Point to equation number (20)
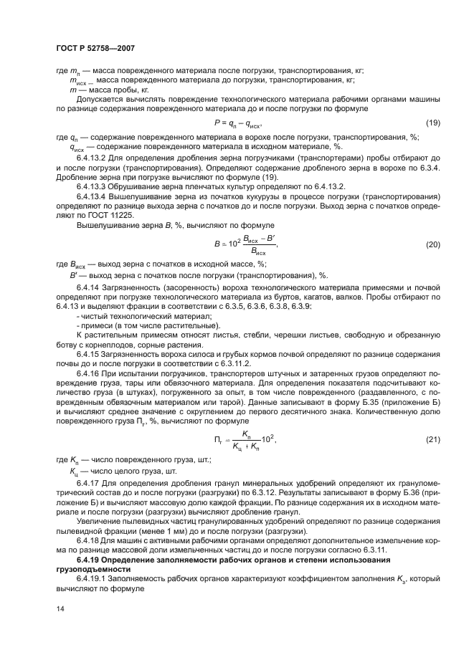pyautogui.click(x=432, y=245)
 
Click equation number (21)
pyautogui.click(x=432, y=439)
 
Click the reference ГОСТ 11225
pyautogui.click(x=111, y=214)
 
